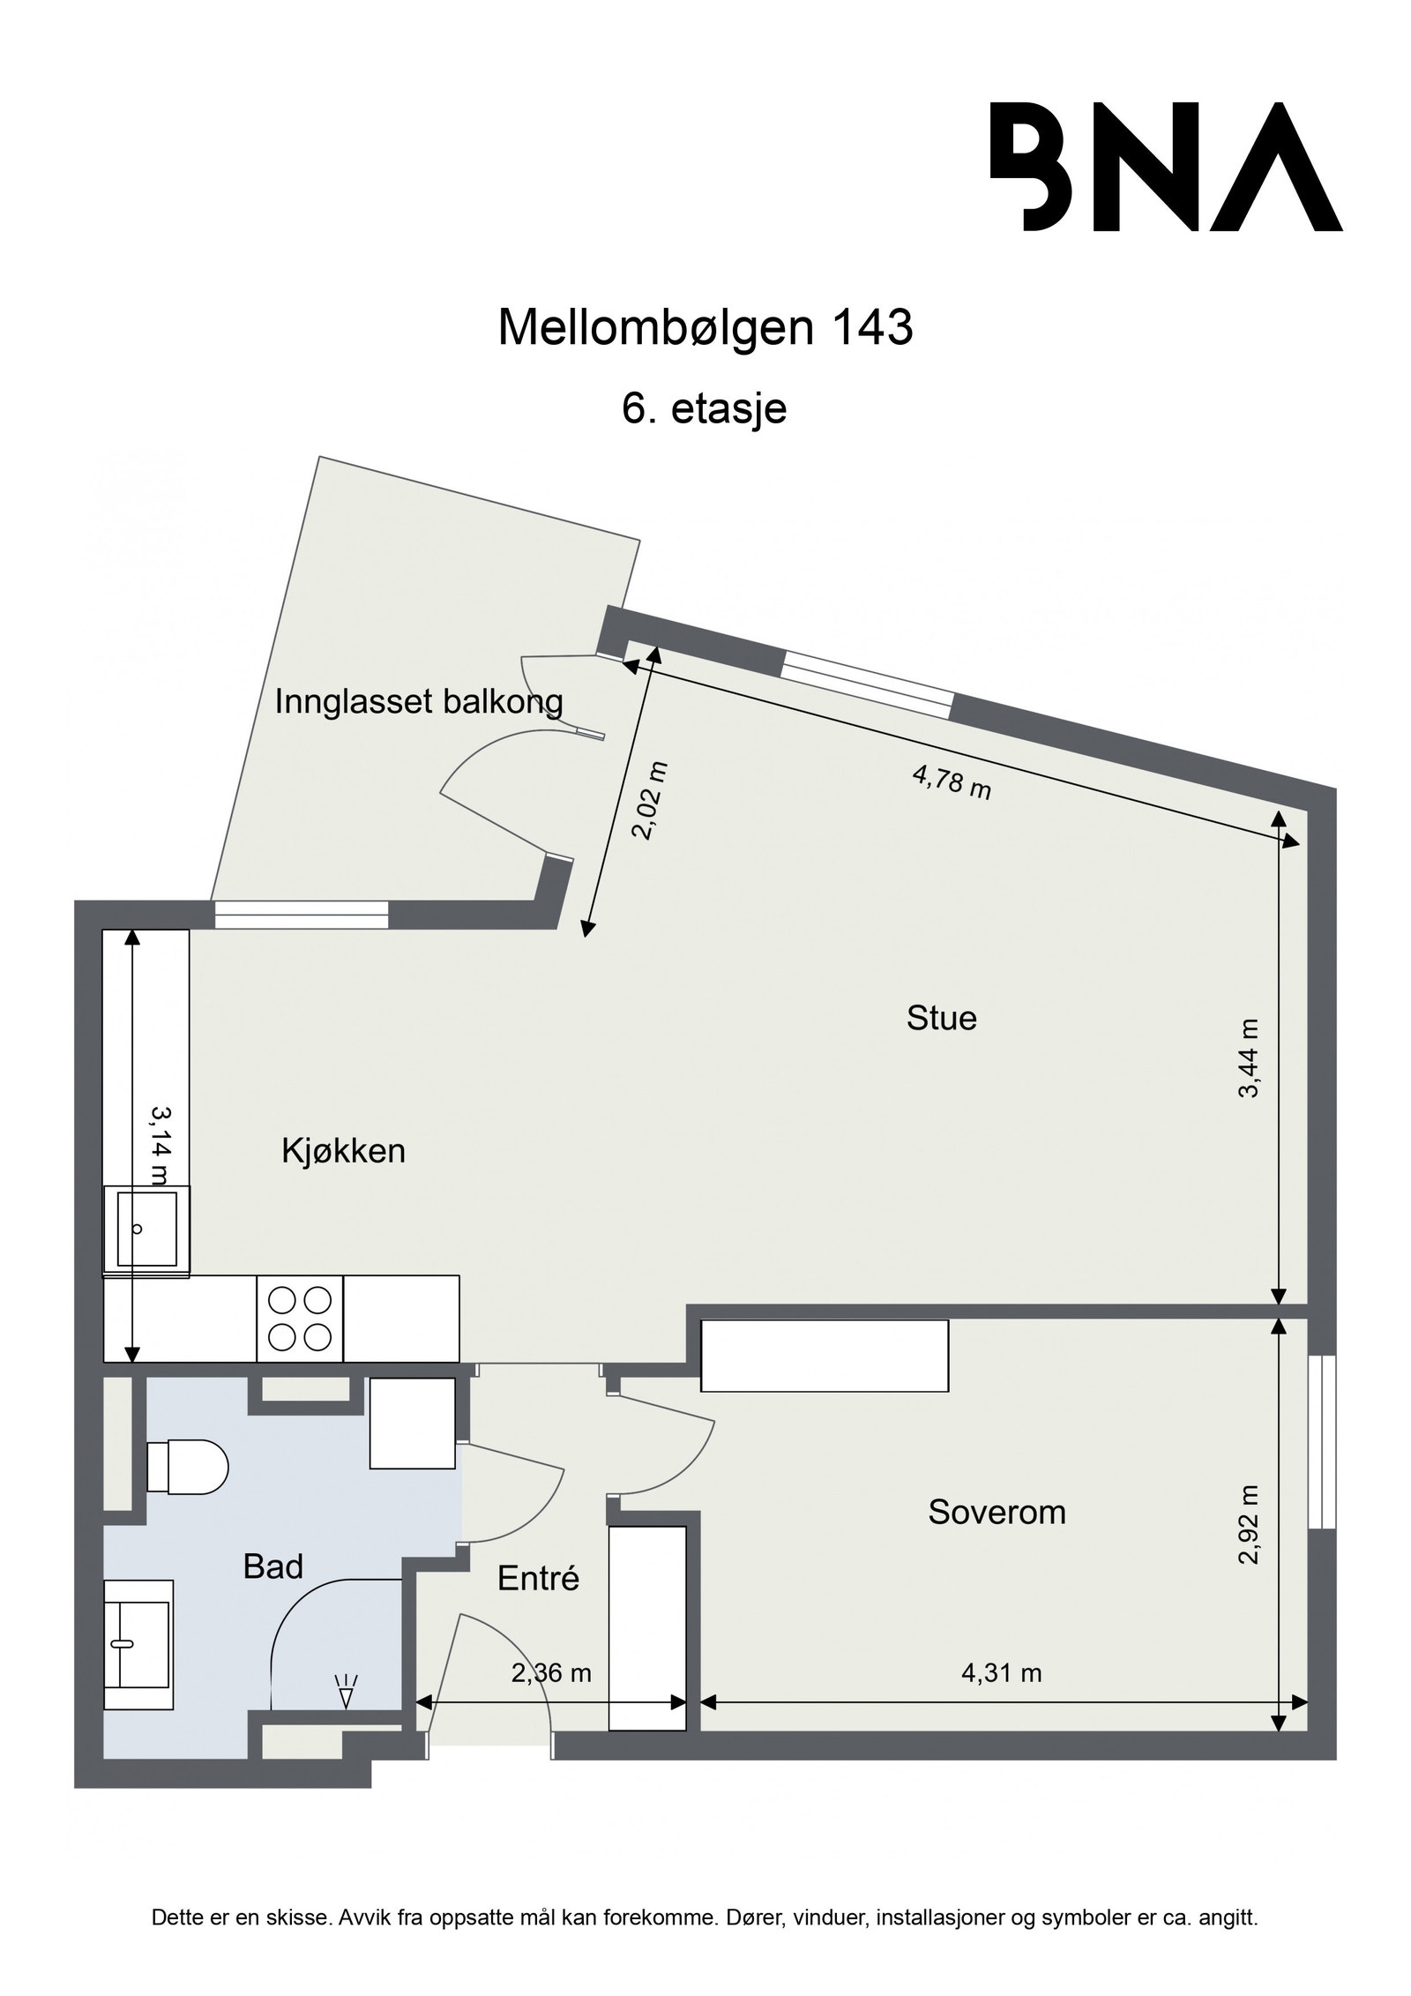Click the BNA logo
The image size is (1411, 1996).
tap(1165, 167)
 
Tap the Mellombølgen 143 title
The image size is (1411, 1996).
tap(705, 328)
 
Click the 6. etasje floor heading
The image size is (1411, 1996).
tap(704, 409)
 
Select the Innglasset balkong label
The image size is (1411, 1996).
tap(419, 702)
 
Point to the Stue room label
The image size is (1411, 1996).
tap(941, 1019)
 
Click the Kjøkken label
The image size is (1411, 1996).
tap(343, 1151)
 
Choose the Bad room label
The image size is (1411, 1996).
tap(272, 1566)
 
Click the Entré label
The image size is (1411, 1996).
tap(538, 1578)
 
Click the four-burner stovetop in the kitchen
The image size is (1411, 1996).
tap(299, 1319)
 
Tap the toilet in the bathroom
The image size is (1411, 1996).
tap(186, 1467)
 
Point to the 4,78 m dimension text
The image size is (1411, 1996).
tap(952, 782)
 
